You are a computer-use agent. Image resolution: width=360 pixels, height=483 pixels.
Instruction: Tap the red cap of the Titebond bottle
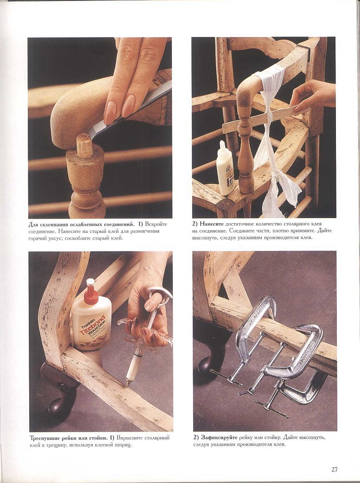91,292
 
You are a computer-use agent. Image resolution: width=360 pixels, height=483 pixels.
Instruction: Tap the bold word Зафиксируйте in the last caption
220,438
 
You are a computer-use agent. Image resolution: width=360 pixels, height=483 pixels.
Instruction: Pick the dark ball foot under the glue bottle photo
60,406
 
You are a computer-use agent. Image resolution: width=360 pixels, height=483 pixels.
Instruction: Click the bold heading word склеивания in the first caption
55,224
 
